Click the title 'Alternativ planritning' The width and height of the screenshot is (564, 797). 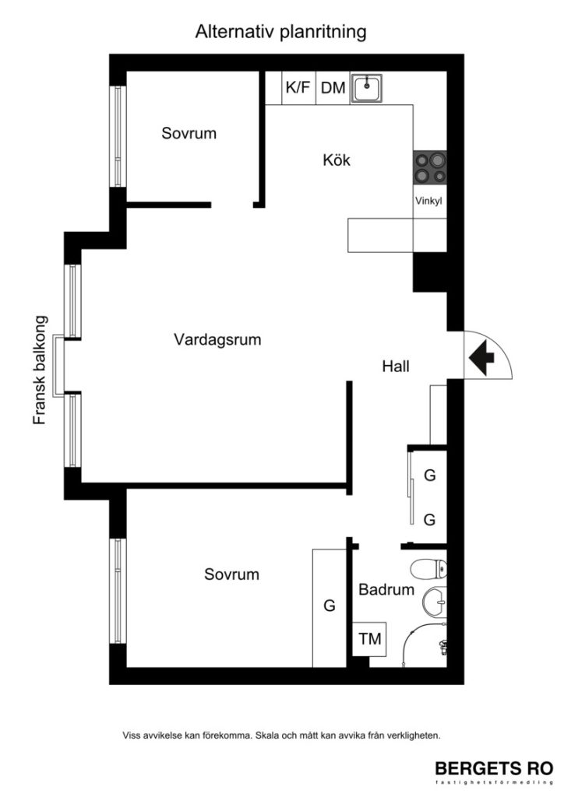pyautogui.click(x=281, y=32)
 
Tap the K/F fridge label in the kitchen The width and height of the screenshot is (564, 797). pyautogui.click(x=298, y=88)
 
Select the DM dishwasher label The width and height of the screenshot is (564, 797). pyautogui.click(x=333, y=88)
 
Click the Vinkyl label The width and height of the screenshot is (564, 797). pyautogui.click(x=428, y=200)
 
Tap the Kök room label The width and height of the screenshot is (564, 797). pyautogui.click(x=337, y=161)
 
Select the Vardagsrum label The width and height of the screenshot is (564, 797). pyautogui.click(x=217, y=340)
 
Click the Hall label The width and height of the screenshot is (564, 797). pyautogui.click(x=396, y=366)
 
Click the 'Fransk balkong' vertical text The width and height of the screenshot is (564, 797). pyautogui.click(x=41, y=370)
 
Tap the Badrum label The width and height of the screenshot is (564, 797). pyautogui.click(x=386, y=590)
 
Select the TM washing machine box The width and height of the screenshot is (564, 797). pyautogui.click(x=370, y=640)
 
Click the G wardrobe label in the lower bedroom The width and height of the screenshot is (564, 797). pyautogui.click(x=329, y=605)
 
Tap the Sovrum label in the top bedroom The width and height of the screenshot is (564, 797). pyautogui.click(x=189, y=133)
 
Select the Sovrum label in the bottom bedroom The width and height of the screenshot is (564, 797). pyautogui.click(x=231, y=575)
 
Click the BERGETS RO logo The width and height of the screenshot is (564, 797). pyautogui.click(x=494, y=768)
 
